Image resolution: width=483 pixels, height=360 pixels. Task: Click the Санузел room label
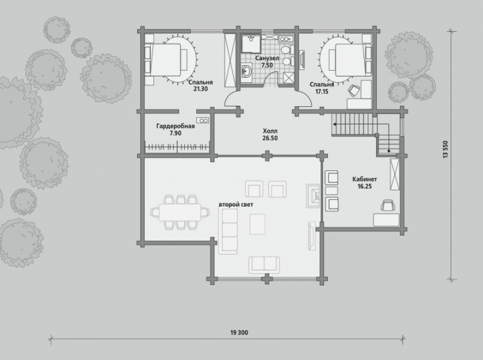[x=267, y=58]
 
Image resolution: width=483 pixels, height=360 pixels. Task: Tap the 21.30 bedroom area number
[x=200, y=89]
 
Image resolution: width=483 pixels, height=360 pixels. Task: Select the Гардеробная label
[x=175, y=126]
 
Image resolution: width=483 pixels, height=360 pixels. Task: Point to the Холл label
[x=270, y=130]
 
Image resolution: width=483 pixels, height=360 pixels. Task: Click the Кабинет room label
[x=365, y=179]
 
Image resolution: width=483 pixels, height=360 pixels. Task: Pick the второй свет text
[x=236, y=204]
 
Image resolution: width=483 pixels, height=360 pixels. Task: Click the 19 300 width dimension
[x=239, y=333]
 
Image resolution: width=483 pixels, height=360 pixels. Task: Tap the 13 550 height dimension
[x=445, y=150]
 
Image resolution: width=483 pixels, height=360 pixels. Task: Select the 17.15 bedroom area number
[x=322, y=92]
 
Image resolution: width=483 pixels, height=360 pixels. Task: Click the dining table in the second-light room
[x=180, y=213]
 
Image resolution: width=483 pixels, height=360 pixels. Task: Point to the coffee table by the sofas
[x=258, y=224]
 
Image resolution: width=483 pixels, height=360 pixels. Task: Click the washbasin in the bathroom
[x=246, y=71]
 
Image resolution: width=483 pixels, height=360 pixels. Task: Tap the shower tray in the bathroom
[x=251, y=43]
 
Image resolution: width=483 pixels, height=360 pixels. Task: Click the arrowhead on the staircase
[x=334, y=124]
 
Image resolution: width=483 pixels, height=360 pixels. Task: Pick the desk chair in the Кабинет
[x=388, y=205]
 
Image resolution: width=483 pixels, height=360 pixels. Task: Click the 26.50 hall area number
[x=270, y=138]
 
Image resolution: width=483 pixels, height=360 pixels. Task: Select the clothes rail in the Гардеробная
[x=177, y=147]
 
